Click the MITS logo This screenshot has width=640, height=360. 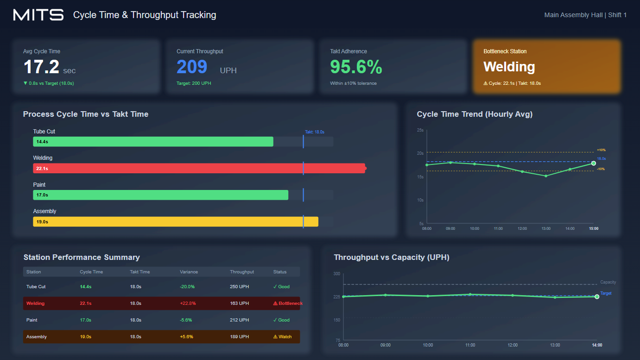pos(38,15)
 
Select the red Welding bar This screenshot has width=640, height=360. pos(199,168)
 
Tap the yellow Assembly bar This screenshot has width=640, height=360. pos(176,221)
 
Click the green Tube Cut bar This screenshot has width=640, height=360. pos(153,142)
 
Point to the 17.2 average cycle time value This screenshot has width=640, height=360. pos(41,67)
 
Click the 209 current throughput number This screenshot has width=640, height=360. pos(192,67)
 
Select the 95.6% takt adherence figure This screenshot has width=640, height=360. pos(356,67)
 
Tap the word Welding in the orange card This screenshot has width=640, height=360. pos(509,67)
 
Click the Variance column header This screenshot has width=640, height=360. pos(189,272)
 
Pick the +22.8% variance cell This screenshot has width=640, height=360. pos(188,303)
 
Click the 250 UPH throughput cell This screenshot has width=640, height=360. pos(239,287)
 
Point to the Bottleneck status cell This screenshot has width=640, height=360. pos(287,303)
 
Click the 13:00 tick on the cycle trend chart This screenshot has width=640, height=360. pos(546,228)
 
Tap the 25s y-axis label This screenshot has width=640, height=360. pos(420,130)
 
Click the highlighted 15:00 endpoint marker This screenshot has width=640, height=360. pos(594,163)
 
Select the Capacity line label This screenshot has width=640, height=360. pos(608,282)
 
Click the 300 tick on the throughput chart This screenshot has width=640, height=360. pos(336,274)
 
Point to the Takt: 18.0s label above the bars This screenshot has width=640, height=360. pos(315,132)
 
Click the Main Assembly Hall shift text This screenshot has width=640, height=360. pos(585,15)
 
